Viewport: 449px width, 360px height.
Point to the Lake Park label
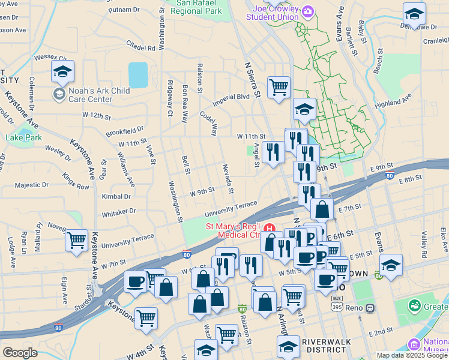point(24,137)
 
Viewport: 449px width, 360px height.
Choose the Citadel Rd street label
point(141,46)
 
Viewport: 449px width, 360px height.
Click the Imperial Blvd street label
point(231,97)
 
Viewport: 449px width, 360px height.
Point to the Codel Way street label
point(209,122)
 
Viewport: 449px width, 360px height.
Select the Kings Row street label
point(75,181)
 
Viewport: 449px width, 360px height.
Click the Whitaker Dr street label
point(119,212)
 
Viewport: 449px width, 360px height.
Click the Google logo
point(20,353)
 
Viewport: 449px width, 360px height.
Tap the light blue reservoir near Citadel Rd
point(138,74)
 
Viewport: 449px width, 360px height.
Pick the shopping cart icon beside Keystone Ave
point(77,241)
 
